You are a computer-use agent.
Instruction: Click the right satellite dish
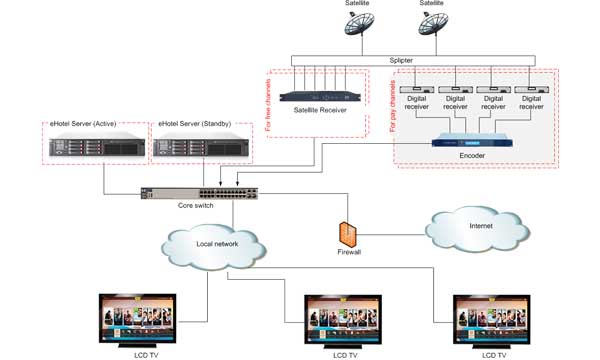tap(432, 30)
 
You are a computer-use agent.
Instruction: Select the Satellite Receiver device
tap(312, 97)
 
